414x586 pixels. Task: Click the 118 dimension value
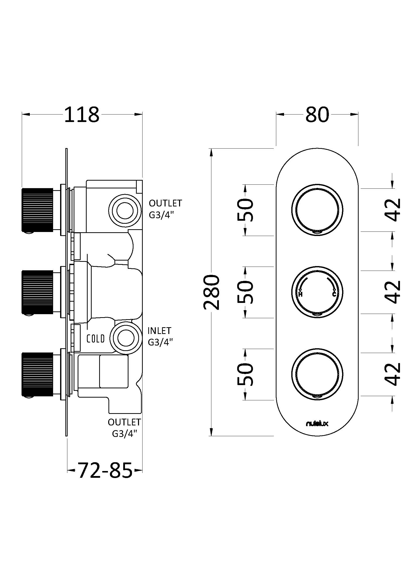pos(82,115)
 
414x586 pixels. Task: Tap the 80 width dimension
pos(317,115)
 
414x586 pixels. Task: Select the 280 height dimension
pos(211,292)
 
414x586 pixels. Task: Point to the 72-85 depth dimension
pos(105,470)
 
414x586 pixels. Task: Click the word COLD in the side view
pos(96,339)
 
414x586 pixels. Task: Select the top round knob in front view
pos(317,210)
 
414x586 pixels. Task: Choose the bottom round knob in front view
pos(317,374)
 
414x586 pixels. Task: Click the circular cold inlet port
pos(125,338)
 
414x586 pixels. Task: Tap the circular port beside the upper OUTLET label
pos(125,211)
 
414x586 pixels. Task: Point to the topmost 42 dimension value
pos(392,209)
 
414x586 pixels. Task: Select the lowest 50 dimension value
pos(245,374)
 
